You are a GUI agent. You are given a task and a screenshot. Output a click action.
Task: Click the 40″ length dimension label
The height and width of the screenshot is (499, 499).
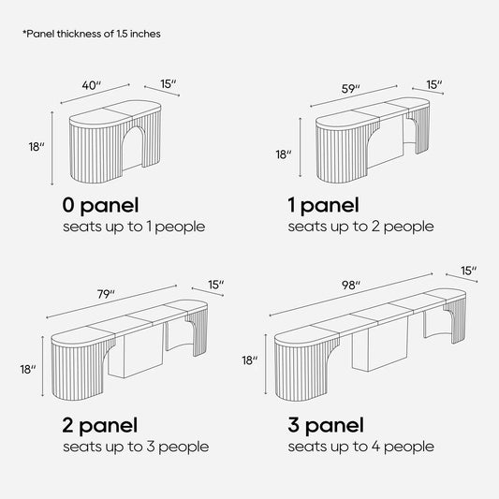tap(92, 85)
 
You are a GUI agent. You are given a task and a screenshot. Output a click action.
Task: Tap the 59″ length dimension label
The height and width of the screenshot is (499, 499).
tap(351, 89)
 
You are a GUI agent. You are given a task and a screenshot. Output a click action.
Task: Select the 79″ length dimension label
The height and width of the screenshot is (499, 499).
tap(106, 294)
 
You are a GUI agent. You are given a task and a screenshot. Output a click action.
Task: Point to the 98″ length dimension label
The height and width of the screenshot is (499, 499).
tap(351, 286)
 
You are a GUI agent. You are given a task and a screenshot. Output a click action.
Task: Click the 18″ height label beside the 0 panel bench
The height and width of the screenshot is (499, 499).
tap(37, 147)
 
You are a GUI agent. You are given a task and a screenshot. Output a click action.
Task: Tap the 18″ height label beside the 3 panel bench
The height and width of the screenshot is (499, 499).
tap(249, 360)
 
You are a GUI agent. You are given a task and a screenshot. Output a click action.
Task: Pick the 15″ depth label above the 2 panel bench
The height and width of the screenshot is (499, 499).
tap(216, 285)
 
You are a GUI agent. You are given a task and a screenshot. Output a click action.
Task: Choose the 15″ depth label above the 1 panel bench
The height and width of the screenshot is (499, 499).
tap(434, 84)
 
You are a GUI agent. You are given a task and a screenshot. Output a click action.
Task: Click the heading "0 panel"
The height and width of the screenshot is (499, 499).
tap(100, 206)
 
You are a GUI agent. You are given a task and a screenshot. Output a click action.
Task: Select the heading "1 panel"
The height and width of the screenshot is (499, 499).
tap(323, 206)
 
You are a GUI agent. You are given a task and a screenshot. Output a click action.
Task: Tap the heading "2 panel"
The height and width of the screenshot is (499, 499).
tap(100, 426)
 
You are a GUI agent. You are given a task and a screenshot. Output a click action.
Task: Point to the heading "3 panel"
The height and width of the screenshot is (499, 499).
tap(326, 426)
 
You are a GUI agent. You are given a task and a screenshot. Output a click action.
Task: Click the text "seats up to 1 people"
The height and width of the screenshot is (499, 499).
tap(134, 227)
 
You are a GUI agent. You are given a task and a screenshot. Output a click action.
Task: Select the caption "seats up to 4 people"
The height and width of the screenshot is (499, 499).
tap(360, 448)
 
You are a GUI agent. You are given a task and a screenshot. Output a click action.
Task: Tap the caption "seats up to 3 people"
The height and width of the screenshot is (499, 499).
tap(136, 448)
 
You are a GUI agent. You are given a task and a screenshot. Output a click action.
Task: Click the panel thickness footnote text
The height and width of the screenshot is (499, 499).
tap(92, 34)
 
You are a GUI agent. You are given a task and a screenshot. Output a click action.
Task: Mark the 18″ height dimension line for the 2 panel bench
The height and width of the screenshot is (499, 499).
tap(43, 366)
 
